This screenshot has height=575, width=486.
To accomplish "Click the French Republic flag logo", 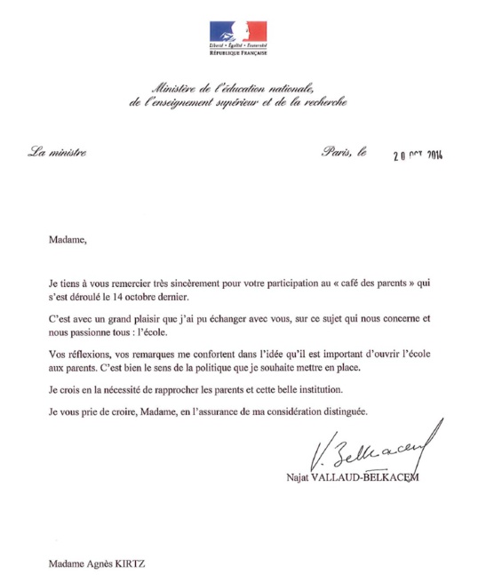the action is pos(237,33).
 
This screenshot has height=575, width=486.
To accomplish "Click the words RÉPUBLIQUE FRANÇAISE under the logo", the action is pos(237,54).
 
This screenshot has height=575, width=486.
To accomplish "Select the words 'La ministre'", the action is pos(57,153).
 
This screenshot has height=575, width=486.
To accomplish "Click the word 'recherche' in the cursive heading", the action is pos(317,104).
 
